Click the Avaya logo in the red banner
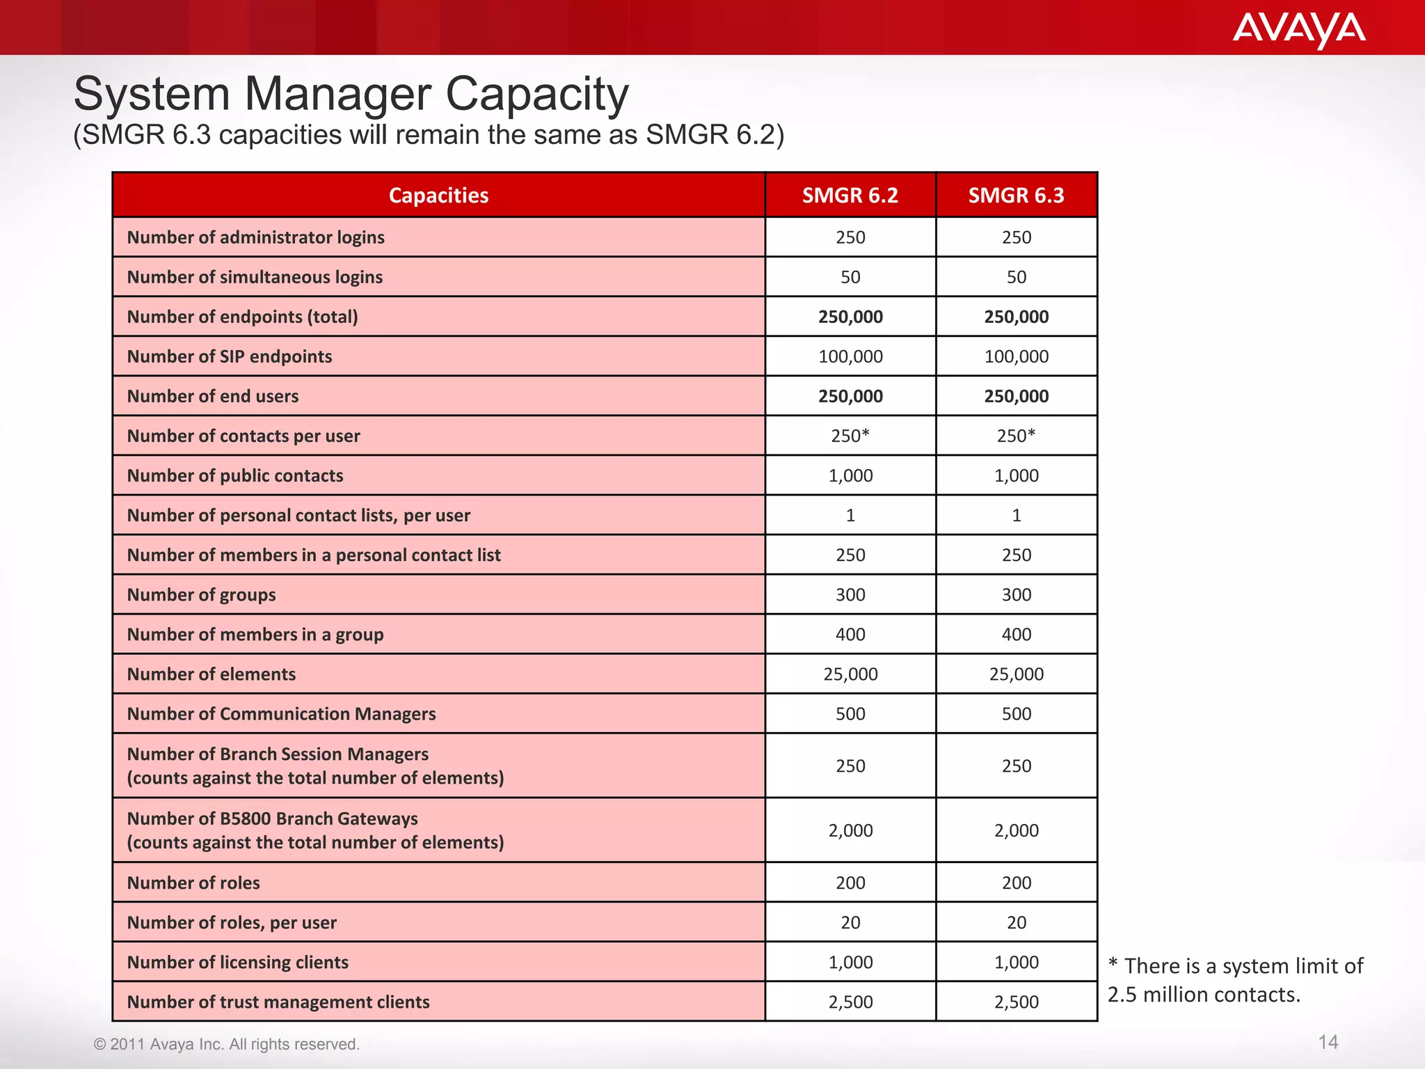point(1298,29)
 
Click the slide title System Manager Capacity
point(351,94)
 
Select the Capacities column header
point(438,196)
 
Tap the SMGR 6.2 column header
point(850,196)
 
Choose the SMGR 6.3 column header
point(1016,196)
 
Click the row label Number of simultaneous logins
point(255,277)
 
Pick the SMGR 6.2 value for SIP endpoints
point(850,356)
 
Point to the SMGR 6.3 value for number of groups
point(1016,595)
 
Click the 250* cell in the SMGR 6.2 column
point(850,436)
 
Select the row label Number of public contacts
point(235,476)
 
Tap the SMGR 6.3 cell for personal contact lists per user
point(1016,516)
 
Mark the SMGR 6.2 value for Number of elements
point(850,674)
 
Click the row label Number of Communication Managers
point(281,714)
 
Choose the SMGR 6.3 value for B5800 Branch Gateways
point(1016,830)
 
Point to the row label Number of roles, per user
point(232,923)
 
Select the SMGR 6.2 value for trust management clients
point(850,1002)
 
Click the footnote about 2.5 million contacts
point(1235,980)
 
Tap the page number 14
point(1328,1042)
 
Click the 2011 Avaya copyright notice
point(227,1044)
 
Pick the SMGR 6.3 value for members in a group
point(1016,635)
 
